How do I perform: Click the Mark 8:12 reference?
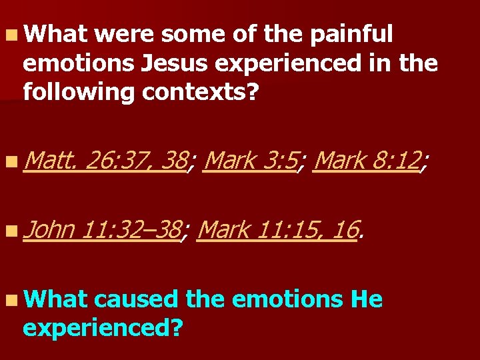coord(367,161)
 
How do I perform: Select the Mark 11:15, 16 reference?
coord(279,230)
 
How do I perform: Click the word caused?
coord(137,300)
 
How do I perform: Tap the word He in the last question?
coord(366,300)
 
